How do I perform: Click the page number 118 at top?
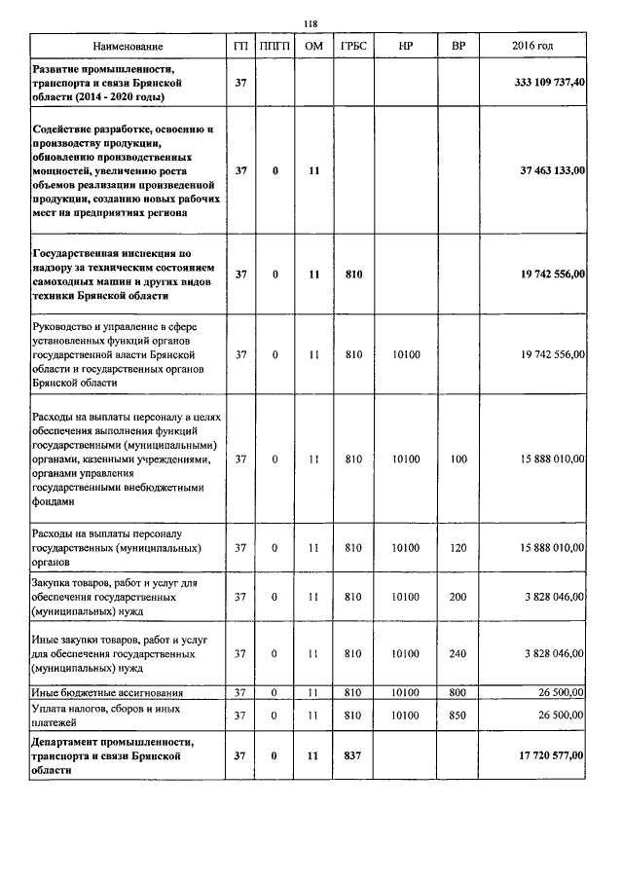point(311,24)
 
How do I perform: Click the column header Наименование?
point(128,46)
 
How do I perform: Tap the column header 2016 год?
point(532,46)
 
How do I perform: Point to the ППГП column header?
point(276,46)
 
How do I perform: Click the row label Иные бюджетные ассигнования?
point(102,692)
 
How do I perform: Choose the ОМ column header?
point(313,46)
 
